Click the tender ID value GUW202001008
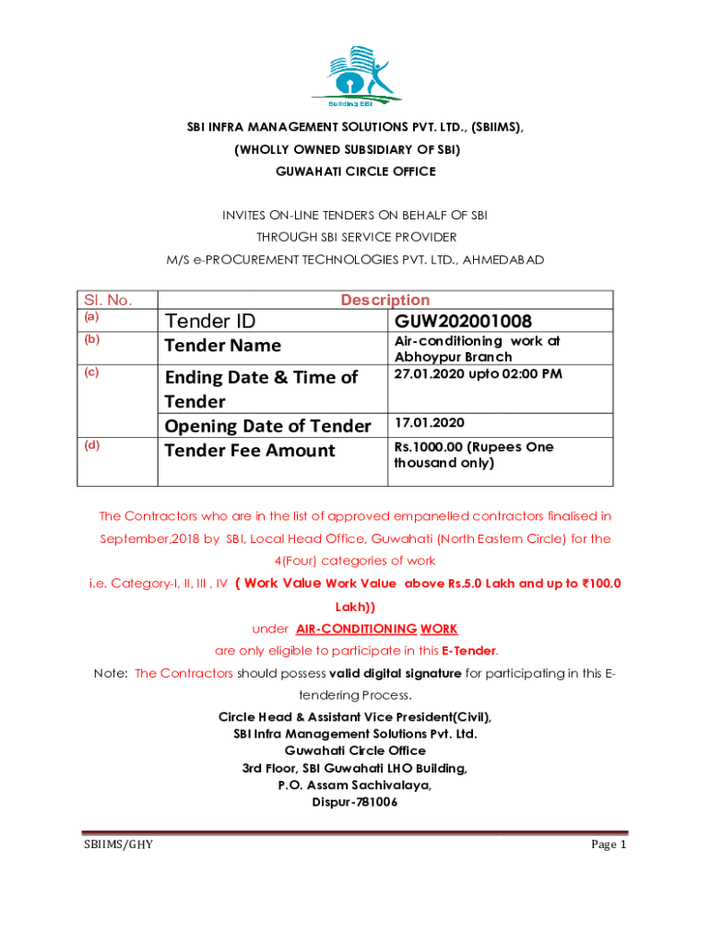tap(463, 322)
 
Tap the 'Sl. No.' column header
tap(109, 300)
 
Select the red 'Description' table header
tap(385, 300)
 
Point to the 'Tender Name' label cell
tap(222, 346)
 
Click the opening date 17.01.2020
tap(430, 422)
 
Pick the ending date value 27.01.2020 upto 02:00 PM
tap(478, 373)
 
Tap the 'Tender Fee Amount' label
tap(249, 450)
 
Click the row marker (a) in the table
tap(90, 316)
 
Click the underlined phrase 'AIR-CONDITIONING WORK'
tap(376, 629)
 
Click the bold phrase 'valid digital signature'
tap(395, 673)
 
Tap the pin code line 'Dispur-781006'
tap(355, 802)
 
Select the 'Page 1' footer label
tap(609, 844)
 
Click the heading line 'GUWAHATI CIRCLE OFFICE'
tap(355, 171)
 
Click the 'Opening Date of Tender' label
tap(267, 425)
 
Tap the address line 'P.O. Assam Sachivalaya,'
tap(355, 785)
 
